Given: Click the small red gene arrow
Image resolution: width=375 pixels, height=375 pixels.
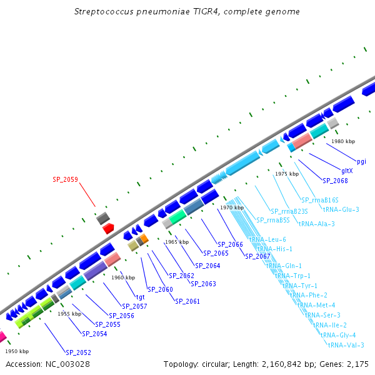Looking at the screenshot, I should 107,229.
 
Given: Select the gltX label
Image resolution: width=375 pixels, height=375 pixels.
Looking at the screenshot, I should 347,171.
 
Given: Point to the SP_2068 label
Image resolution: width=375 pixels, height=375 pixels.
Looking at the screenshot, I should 335,181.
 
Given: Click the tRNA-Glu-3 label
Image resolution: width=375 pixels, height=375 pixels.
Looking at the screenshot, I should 341,209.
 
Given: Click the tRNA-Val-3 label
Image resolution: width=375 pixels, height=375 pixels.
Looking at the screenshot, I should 346,345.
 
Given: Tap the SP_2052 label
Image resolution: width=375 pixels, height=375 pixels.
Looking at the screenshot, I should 79,352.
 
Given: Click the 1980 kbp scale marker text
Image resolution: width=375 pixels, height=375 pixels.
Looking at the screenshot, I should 343,141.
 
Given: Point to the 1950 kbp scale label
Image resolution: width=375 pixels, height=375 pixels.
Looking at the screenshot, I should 17,351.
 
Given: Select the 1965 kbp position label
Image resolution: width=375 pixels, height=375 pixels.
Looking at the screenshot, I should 177,242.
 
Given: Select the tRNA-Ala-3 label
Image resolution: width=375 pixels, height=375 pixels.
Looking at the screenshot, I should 316,224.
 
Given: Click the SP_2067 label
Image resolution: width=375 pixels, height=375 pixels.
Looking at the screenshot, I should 257,256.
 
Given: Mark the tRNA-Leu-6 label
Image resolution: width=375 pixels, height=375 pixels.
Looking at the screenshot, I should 267,240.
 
